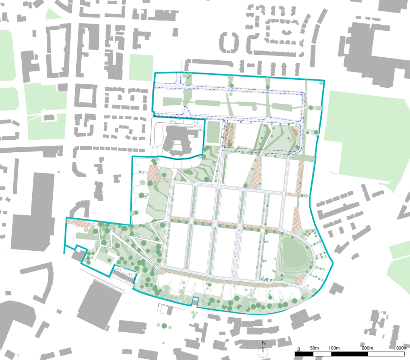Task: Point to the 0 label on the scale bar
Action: coord(299,349)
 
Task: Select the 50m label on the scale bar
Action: coord(314,349)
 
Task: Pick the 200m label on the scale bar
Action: coord(367,349)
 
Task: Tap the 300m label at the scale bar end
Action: coord(401,349)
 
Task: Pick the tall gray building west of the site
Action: coord(32,213)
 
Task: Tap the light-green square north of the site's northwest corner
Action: coord(141,67)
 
